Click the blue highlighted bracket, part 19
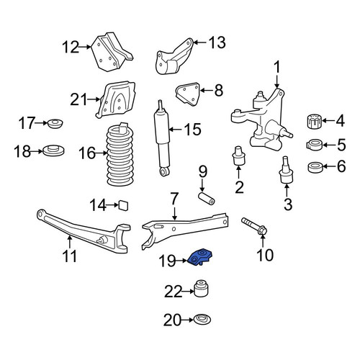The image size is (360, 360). click(x=201, y=257)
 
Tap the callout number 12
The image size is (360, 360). click(x=71, y=47)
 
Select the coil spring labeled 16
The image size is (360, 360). click(x=120, y=155)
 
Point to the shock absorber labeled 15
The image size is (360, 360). click(x=162, y=139)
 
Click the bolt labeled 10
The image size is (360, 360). click(x=255, y=226)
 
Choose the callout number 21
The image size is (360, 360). click(x=78, y=99)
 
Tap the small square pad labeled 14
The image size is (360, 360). click(x=124, y=206)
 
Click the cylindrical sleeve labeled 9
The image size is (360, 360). click(x=207, y=198)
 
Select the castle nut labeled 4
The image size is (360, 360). click(x=314, y=122)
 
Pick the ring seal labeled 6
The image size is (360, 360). click(x=315, y=168)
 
